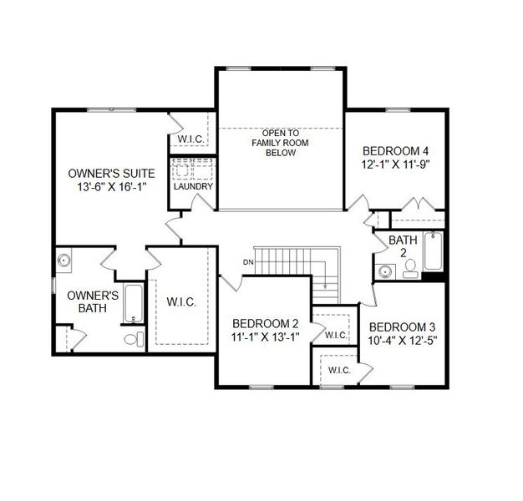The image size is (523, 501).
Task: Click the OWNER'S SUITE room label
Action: [x=111, y=173]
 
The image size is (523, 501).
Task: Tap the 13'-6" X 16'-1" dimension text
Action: [x=111, y=187]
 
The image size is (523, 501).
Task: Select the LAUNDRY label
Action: [x=193, y=186]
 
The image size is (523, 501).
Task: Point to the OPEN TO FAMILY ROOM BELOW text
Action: [x=281, y=143]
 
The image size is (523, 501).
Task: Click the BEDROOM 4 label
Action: [x=395, y=151]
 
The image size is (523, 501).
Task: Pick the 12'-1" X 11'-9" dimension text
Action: [x=395, y=165]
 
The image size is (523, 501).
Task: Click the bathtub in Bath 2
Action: [x=433, y=251]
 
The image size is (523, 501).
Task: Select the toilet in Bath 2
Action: [x=410, y=268]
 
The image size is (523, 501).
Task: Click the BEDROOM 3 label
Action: [x=402, y=326]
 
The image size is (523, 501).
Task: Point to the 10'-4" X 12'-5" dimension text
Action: [x=402, y=341]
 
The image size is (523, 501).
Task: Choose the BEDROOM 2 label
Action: [x=265, y=323]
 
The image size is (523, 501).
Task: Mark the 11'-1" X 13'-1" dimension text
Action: [x=265, y=337]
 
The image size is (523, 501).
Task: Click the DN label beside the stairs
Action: [x=248, y=263]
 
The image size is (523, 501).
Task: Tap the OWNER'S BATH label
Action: [x=92, y=301]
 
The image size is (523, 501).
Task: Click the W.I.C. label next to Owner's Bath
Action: [x=181, y=302]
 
